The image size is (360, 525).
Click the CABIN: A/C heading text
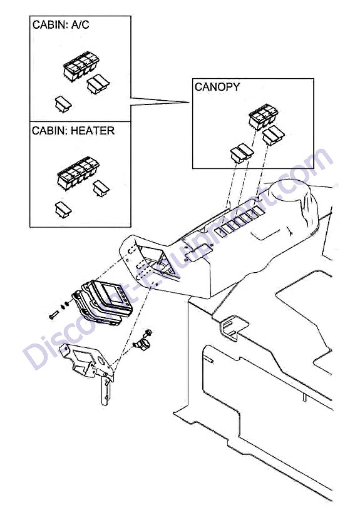[61, 25]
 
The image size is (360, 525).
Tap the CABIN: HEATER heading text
[73, 130]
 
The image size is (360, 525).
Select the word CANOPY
[217, 87]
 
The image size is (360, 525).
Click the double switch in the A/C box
[98, 83]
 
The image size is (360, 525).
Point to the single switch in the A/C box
[63, 104]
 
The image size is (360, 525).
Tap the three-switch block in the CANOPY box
[264, 116]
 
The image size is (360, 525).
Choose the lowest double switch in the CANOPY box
[242, 153]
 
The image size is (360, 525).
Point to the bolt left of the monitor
[54, 315]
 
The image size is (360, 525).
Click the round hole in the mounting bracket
[100, 360]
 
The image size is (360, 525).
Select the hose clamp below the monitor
[140, 345]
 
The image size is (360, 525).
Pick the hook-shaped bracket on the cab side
[234, 327]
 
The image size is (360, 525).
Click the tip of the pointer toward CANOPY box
[190, 103]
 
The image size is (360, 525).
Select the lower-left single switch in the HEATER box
[63, 209]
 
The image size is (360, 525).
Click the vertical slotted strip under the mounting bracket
[105, 390]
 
